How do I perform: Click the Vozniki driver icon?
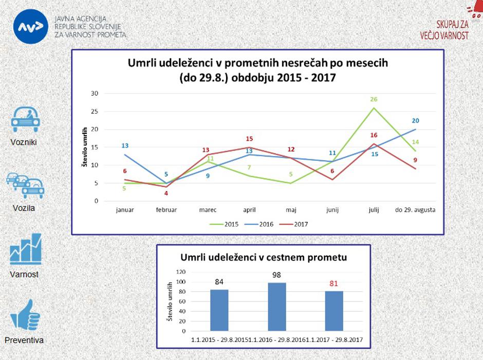click(x=25, y=120)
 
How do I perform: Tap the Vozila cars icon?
click(x=25, y=185)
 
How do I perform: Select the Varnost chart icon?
click(x=25, y=250)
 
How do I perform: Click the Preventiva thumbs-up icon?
click(x=25, y=315)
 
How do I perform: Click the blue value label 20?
click(x=415, y=121)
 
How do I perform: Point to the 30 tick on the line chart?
click(x=94, y=93)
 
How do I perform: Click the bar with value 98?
click(x=276, y=307)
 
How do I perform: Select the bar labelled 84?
click(x=219, y=310)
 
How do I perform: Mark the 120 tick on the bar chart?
click(x=180, y=272)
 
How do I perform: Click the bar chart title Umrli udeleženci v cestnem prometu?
click(x=263, y=257)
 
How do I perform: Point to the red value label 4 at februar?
click(x=166, y=193)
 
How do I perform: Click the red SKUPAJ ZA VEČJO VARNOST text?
click(x=452, y=30)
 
